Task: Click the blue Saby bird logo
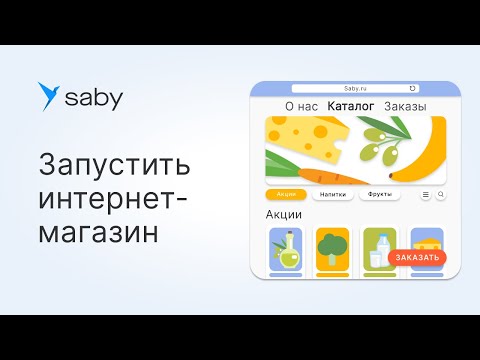tap(48, 96)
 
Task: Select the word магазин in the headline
tap(100, 231)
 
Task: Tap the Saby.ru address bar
tap(356, 88)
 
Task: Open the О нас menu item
tap(301, 106)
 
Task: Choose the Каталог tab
tap(350, 106)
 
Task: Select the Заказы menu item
tap(404, 106)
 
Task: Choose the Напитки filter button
tap(331, 194)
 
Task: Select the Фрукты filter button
tap(379, 194)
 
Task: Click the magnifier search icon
tap(441, 194)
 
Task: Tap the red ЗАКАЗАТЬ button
tap(416, 258)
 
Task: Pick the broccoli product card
tap(332, 249)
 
